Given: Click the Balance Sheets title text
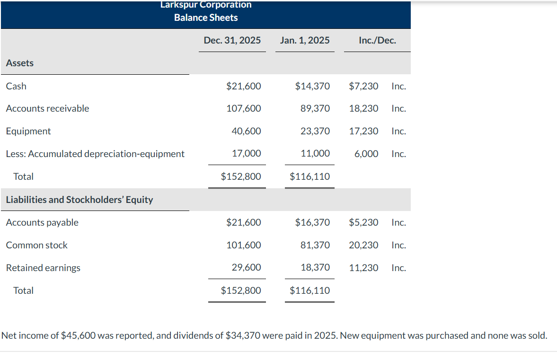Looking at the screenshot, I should (x=206, y=18).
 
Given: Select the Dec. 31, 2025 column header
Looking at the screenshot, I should (x=232, y=40).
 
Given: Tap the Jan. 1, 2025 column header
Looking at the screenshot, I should (x=305, y=40).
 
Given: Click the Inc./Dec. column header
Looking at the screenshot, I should (x=377, y=40).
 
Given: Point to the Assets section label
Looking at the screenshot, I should (x=20, y=63).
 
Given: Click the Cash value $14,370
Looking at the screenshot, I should (x=312, y=86).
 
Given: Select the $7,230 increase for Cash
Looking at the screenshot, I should (x=363, y=86).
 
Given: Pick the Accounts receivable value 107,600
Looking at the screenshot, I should (x=244, y=108).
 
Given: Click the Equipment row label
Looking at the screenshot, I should (x=28, y=131).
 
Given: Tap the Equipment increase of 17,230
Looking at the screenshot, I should (x=363, y=131).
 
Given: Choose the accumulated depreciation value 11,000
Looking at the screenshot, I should (x=315, y=154).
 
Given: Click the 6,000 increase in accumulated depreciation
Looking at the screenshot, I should (x=366, y=154).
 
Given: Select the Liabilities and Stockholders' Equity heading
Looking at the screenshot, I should (x=80, y=200).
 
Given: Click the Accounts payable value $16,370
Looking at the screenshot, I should (x=312, y=222).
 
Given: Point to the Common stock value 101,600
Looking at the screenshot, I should (x=244, y=245).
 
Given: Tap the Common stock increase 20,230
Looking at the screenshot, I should (x=363, y=245).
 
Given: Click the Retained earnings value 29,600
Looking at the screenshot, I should (x=246, y=268).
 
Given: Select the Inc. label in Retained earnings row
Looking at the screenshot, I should (x=398, y=268).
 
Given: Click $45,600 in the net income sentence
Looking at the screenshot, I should (x=79, y=336).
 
